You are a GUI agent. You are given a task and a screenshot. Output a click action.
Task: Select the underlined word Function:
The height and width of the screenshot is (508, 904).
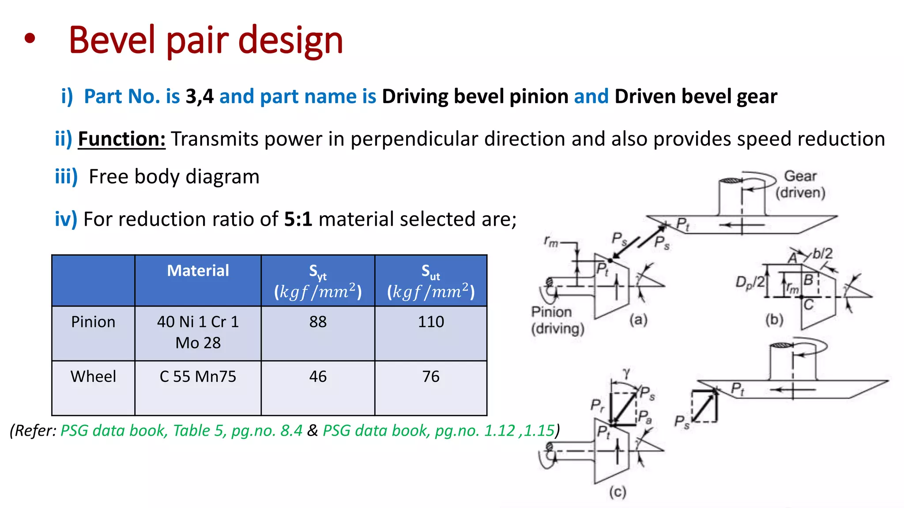[122, 139]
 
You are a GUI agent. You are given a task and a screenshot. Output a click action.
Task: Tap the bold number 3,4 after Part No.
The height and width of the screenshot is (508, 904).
[200, 96]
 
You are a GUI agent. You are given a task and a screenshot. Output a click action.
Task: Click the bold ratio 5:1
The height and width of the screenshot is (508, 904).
[298, 219]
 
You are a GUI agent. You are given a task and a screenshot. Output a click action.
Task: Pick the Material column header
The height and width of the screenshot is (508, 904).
[198, 270]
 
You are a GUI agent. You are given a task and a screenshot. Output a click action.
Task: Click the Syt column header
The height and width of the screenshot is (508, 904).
[318, 281]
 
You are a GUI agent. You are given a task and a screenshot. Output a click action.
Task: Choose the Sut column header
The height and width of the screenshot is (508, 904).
[431, 281]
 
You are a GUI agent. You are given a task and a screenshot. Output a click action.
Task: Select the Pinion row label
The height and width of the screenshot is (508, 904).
[93, 322]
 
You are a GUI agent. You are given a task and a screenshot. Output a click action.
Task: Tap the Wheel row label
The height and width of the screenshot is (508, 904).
[93, 377]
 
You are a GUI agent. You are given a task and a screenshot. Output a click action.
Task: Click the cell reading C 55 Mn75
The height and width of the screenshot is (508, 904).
[198, 377]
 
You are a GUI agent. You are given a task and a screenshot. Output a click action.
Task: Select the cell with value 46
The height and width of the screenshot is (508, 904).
[318, 377]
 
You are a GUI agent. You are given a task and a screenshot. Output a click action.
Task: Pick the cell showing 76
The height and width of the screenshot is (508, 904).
[431, 377]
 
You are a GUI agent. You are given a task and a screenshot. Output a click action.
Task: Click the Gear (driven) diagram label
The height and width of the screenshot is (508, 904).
[800, 184]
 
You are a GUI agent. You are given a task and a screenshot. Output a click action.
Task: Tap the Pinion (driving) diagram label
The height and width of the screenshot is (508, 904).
[557, 320]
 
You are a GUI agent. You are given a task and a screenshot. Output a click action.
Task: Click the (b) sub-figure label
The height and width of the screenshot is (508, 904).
[774, 319]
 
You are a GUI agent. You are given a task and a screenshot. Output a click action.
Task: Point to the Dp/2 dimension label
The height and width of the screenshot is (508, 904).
[749, 283]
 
